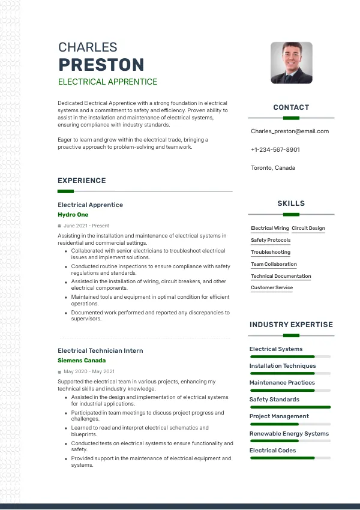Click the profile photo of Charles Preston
[x=291, y=62]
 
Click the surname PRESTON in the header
[x=101, y=65]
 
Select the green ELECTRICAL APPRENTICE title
[x=107, y=82]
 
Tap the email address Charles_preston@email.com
[x=290, y=131]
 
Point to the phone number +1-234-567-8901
[x=275, y=149]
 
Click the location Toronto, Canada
[x=273, y=168]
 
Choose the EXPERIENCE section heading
[x=82, y=181]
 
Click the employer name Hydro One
[x=73, y=214]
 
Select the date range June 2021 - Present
[x=86, y=226]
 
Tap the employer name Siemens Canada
[x=82, y=361]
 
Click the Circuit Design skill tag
[x=308, y=228]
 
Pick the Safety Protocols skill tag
[x=271, y=240]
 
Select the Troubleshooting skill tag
[x=271, y=252]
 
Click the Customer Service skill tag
[x=272, y=287]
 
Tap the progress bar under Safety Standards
[x=290, y=407]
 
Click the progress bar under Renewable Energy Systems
[x=290, y=441]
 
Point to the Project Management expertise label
[x=279, y=416]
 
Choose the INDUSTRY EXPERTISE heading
[x=291, y=325]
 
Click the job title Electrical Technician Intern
[x=100, y=350]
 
